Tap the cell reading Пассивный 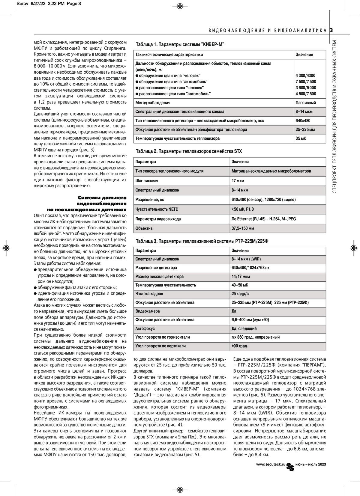[306, 102]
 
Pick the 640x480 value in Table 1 [303, 120]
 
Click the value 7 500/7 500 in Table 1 [306, 82]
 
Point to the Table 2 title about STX [189, 151]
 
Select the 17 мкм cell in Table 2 [238, 181]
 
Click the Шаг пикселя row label [147, 181]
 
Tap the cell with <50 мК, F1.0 [242, 209]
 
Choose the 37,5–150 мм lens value [243, 228]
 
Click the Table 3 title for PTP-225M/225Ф [200, 241]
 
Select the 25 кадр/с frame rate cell [240, 294]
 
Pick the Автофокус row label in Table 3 [145, 328]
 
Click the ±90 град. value [239, 346]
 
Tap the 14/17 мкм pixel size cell [241, 276]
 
